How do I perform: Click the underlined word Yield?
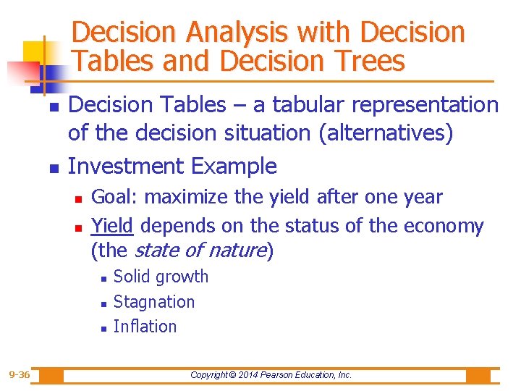pyautogui.click(x=112, y=226)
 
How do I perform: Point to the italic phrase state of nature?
pyautogui.click(x=201, y=251)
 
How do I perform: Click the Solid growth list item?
pyautogui.click(x=161, y=277)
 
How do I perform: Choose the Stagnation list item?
pyautogui.click(x=154, y=301)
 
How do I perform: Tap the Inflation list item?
pyautogui.click(x=145, y=326)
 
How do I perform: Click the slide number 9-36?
pyautogui.click(x=20, y=374)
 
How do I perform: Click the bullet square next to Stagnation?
pyautogui.click(x=104, y=303)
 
